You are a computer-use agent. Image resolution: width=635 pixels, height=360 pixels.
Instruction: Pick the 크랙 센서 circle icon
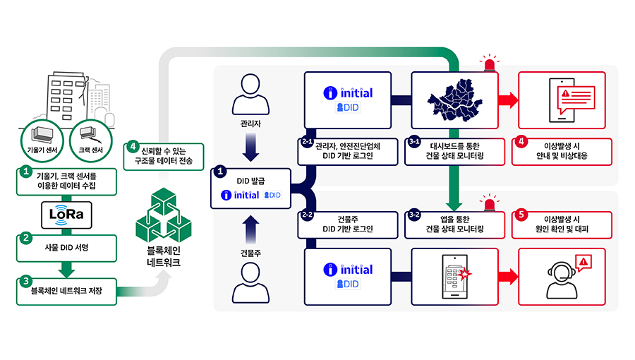click(91, 136)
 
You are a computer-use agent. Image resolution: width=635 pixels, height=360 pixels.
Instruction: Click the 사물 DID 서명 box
click(66, 248)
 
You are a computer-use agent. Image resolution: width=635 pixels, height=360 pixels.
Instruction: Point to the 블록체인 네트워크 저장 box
click(66, 290)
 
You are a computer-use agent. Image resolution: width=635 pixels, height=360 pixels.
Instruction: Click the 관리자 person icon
click(252, 96)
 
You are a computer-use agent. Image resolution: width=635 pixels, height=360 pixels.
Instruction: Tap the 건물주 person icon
click(252, 282)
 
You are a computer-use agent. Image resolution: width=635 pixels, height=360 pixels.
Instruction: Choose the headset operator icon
click(559, 279)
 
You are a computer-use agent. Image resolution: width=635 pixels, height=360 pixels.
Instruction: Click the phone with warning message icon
click(563, 99)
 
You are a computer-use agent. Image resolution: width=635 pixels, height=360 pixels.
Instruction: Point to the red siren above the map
click(488, 66)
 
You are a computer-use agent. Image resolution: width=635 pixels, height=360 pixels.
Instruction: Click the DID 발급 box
click(251, 188)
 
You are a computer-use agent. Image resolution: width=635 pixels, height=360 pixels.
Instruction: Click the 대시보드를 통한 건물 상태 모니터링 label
click(455, 150)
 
